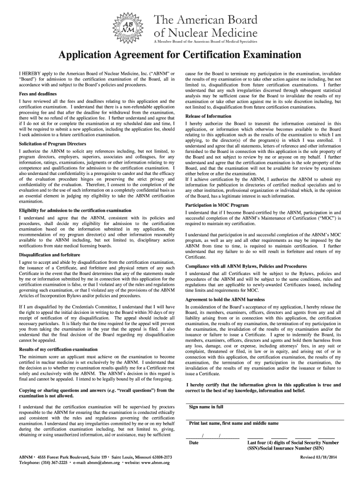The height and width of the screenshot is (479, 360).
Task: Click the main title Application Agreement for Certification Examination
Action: click(x=180, y=56)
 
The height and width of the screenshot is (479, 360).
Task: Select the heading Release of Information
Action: click(x=208, y=116)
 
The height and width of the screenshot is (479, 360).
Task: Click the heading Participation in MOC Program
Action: click(x=217, y=205)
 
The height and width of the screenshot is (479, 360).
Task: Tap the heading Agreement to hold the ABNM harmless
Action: click(x=225, y=299)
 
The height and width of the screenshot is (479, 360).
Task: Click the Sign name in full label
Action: click(x=206, y=407)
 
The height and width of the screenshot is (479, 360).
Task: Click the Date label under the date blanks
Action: click(x=194, y=442)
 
